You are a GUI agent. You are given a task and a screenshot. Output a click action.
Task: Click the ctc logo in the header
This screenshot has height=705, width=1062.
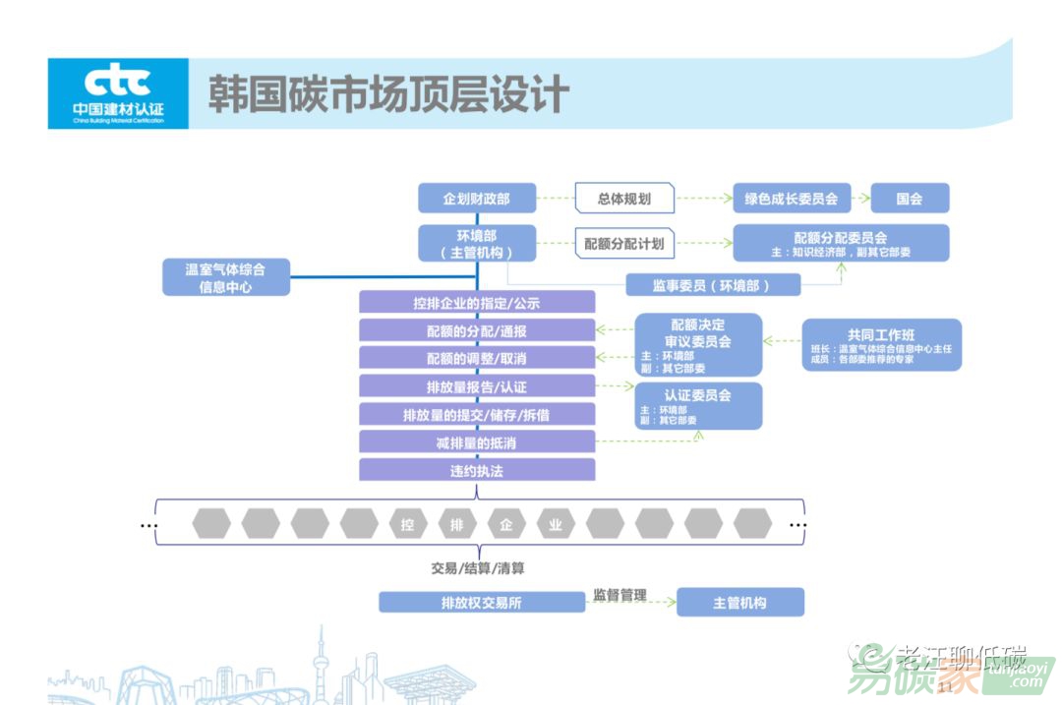118,93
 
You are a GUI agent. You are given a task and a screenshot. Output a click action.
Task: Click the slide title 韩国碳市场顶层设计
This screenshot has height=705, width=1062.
388,94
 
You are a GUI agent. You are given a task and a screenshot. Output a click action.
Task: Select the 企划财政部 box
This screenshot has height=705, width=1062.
477,199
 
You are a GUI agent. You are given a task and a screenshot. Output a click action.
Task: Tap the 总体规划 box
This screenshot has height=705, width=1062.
624,199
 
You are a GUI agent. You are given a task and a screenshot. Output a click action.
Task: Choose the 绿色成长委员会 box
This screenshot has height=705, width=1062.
792,199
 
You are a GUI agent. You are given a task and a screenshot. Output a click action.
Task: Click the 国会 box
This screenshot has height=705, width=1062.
910,199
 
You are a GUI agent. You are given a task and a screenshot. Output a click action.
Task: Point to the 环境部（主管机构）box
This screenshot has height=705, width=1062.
477,244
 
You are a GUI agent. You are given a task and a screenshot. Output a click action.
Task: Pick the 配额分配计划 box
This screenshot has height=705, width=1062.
624,244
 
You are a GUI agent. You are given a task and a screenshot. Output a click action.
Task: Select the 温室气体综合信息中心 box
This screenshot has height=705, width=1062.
226,277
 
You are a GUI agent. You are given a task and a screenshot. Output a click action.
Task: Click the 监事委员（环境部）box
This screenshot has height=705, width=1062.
713,285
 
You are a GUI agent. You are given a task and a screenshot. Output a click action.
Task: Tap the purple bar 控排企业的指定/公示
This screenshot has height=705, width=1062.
477,303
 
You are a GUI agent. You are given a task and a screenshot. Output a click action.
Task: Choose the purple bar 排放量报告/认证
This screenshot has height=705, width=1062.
477,386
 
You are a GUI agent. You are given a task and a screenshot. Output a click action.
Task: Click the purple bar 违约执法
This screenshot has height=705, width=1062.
477,470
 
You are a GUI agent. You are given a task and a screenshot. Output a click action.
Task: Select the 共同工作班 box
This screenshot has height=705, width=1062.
881,345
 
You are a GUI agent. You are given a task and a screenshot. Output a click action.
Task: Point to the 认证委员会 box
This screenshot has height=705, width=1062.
698,406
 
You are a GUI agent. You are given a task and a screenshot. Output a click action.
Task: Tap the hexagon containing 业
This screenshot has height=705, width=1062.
556,524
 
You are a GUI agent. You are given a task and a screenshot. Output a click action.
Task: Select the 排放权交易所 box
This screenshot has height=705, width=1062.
482,602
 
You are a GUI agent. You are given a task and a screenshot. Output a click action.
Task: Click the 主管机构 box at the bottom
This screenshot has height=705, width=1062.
739,602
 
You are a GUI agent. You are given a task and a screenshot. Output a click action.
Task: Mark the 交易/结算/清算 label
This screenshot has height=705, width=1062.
477,568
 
